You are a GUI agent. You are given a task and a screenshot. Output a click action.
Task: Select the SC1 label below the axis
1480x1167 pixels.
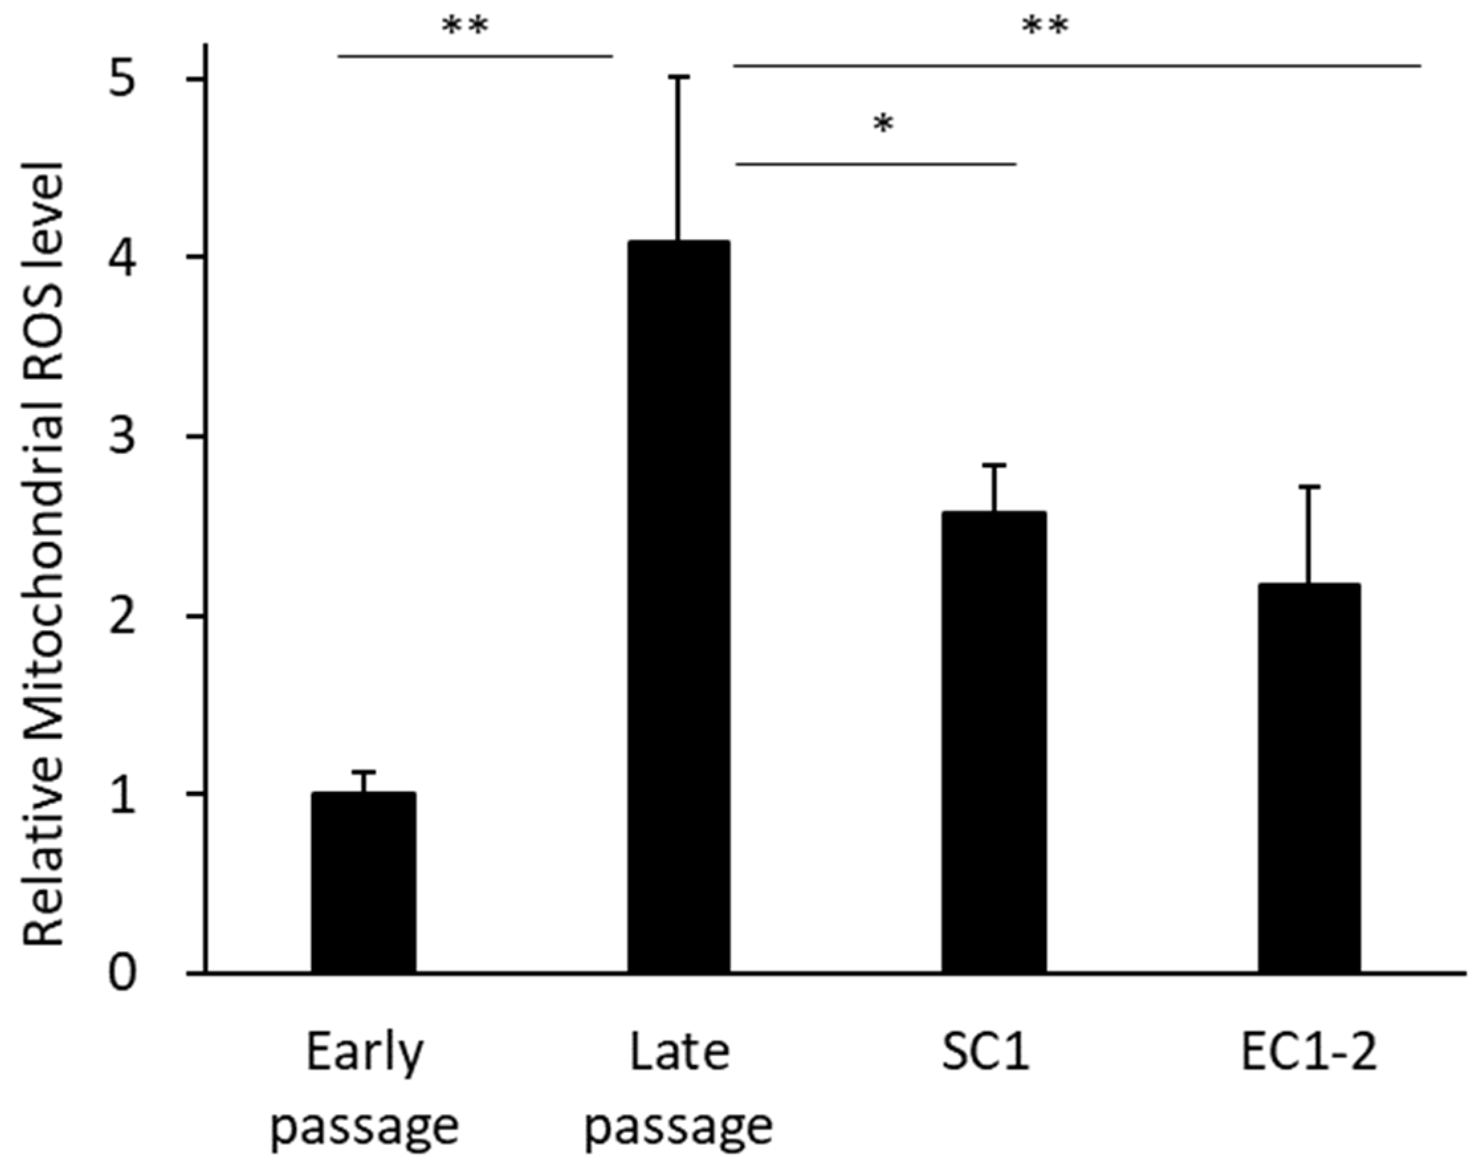[986, 1053]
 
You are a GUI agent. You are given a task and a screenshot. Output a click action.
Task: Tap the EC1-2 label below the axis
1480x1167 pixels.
[1308, 1053]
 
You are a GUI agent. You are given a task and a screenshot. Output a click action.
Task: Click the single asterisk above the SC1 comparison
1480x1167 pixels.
[883, 125]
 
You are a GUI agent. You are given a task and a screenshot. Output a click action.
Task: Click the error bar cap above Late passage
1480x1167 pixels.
[679, 78]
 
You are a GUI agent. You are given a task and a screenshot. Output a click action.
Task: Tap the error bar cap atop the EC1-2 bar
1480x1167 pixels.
[1309, 486]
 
